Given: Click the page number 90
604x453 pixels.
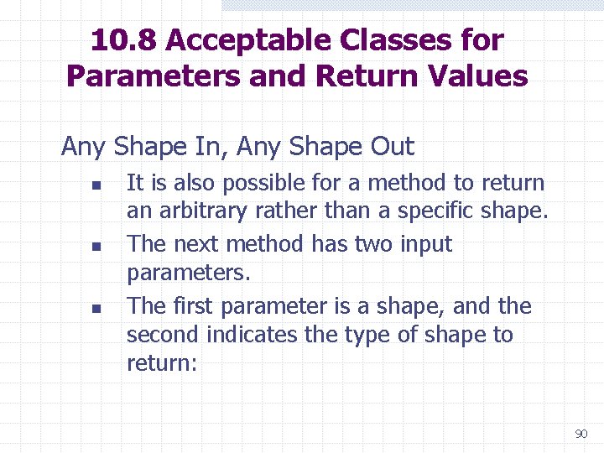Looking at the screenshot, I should [x=581, y=434].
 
